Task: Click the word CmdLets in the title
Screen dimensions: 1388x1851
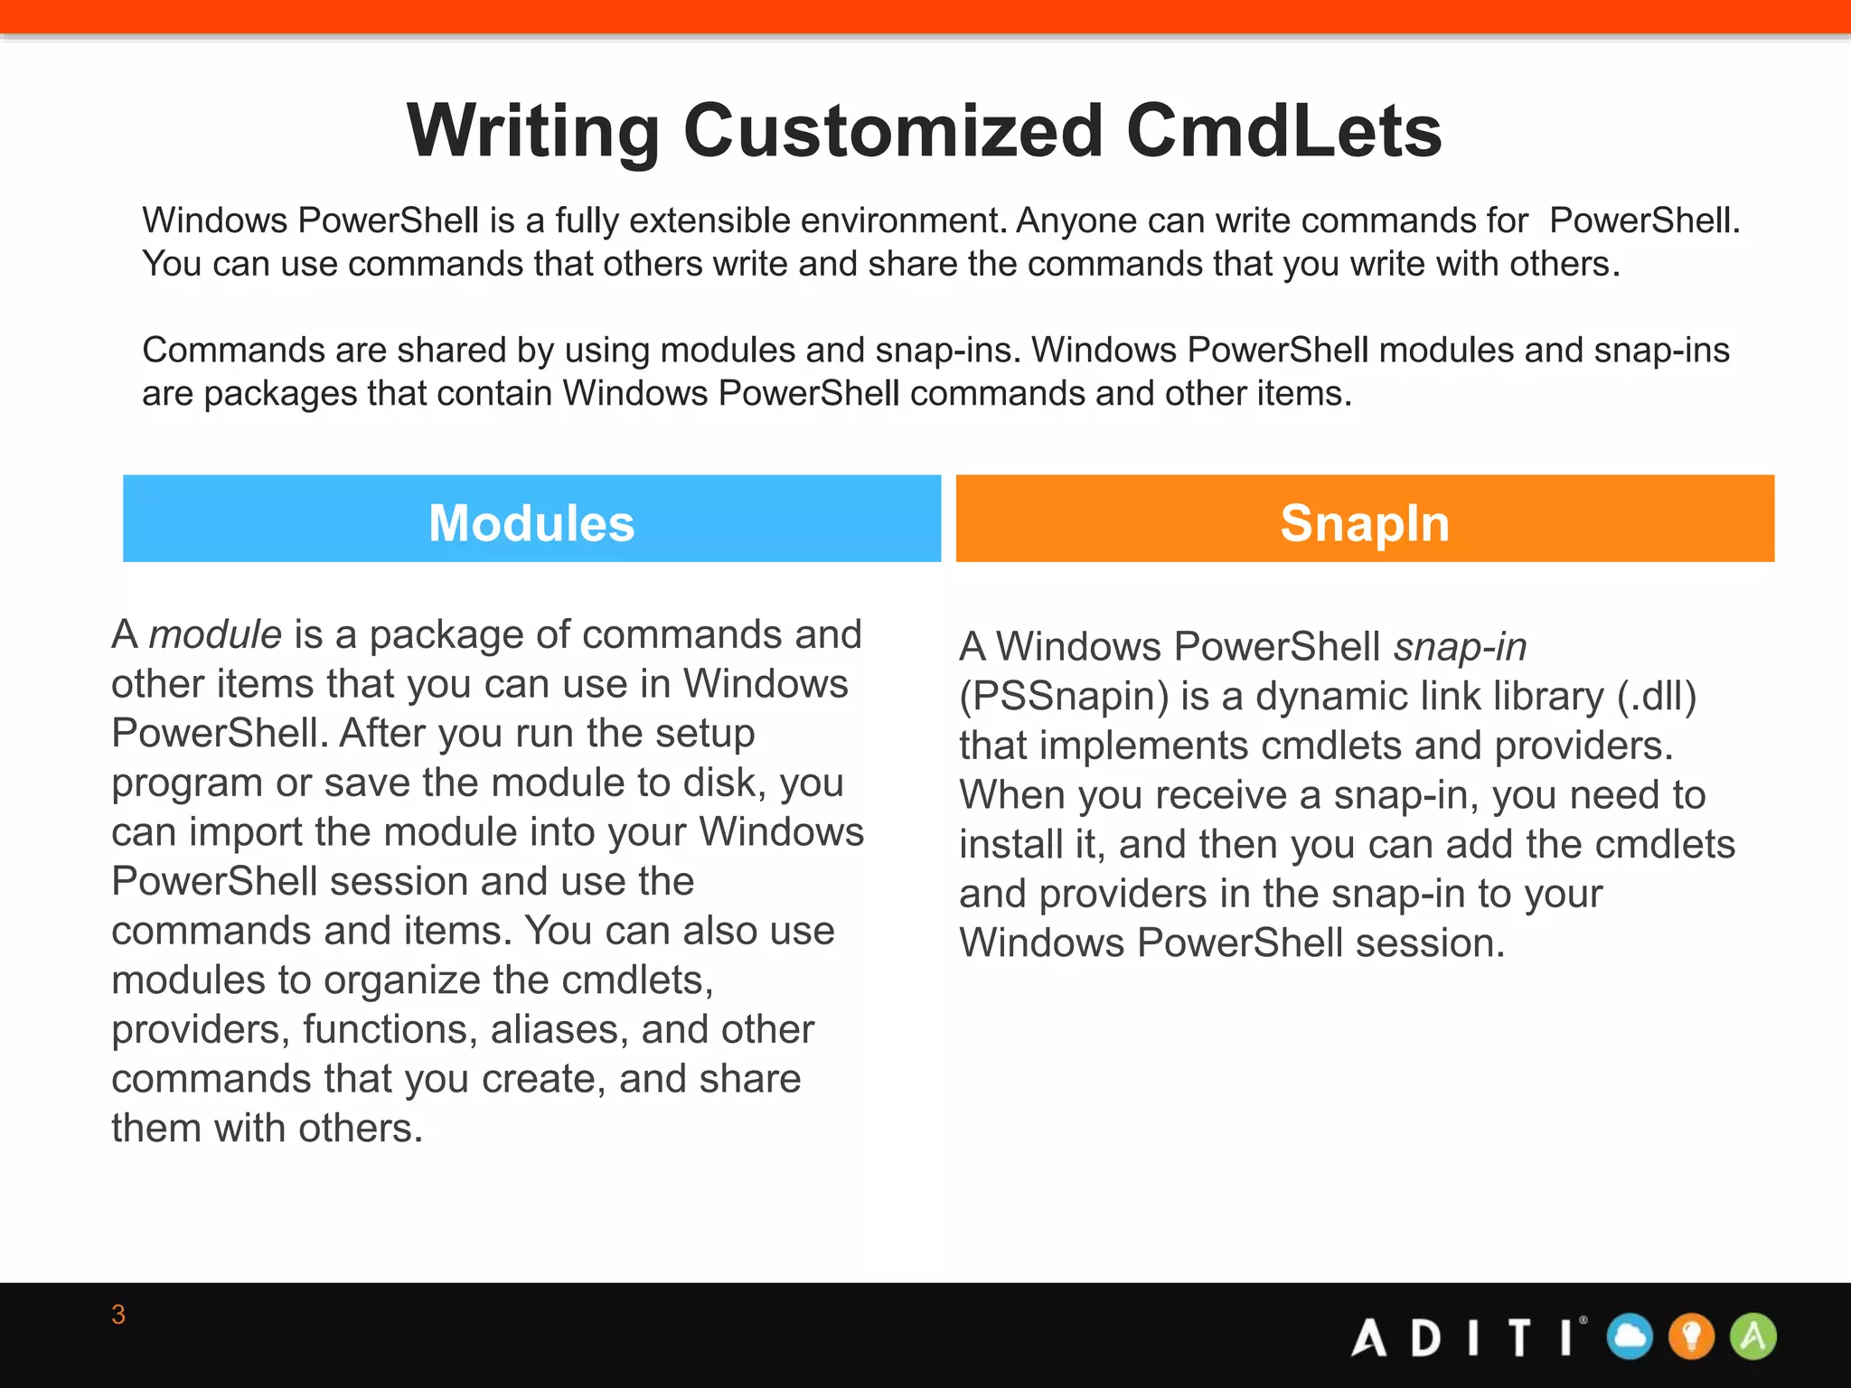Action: pyautogui.click(x=1283, y=131)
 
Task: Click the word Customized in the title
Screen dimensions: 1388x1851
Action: pyautogui.click(x=893, y=131)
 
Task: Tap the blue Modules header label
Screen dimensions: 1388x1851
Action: pyautogui.click(x=531, y=522)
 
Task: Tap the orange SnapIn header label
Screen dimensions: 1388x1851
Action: pyautogui.click(x=1365, y=522)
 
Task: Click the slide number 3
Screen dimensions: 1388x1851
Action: pyautogui.click(x=118, y=1315)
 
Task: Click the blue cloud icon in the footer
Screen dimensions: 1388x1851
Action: pyautogui.click(x=1630, y=1336)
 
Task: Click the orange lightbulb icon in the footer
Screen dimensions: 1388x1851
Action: pyautogui.click(x=1691, y=1336)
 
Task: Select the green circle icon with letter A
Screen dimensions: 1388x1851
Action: pyautogui.click(x=1752, y=1336)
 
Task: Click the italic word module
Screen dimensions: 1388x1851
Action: pyautogui.click(x=215, y=634)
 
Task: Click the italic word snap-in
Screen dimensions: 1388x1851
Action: pyautogui.click(x=1460, y=647)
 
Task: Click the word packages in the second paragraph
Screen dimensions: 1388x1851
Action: pyautogui.click(x=280, y=394)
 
